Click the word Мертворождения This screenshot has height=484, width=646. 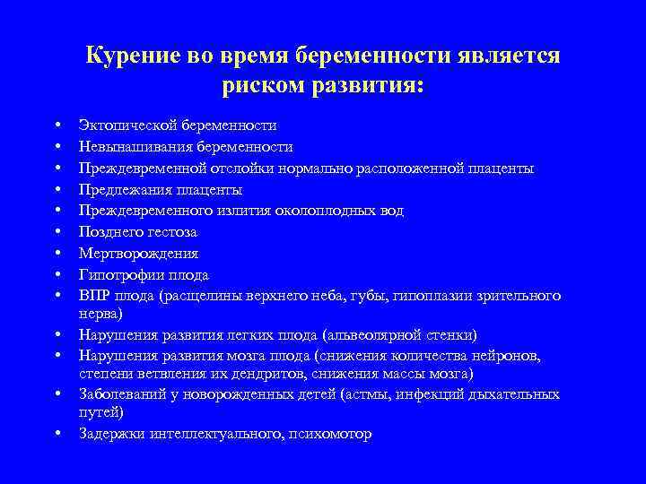point(138,254)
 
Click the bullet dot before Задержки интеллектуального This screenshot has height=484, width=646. point(57,435)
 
